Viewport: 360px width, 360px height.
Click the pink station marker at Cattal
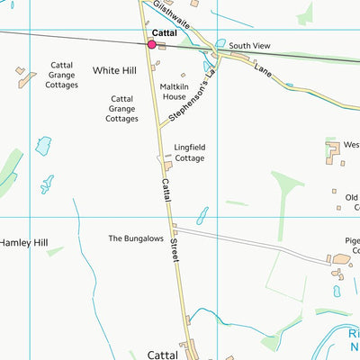151,41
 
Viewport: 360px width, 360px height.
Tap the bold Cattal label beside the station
164,32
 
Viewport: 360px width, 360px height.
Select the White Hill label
112,69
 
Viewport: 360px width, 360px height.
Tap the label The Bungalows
137,238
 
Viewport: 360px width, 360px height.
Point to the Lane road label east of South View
262,68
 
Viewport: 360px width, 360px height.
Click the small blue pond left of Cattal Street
43,145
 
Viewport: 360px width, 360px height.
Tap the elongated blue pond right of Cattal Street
202,216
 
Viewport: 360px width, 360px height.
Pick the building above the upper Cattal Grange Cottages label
21,69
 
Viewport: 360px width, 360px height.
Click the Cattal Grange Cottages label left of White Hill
50,78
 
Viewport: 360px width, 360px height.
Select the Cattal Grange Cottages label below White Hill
121,108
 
